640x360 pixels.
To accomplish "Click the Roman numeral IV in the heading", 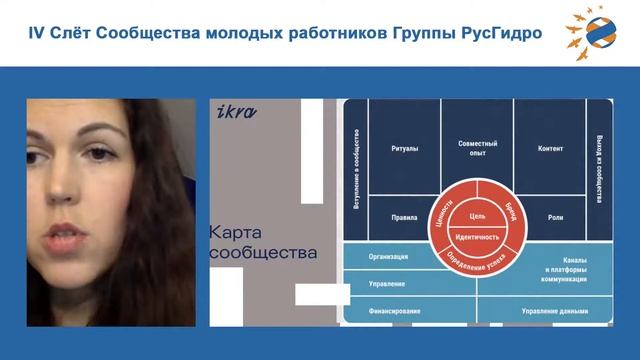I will (38, 35).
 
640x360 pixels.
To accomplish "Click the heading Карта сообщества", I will (262, 242).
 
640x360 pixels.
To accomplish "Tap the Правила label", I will (404, 217).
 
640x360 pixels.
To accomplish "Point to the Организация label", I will (387, 256).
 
